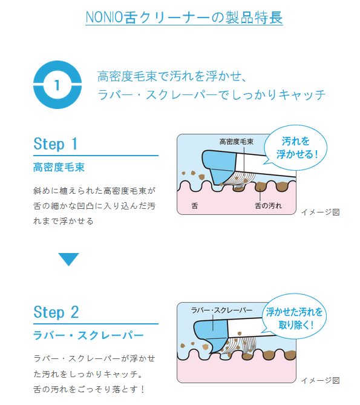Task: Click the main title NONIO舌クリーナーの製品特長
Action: [x=184, y=18]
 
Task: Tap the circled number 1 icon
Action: [x=57, y=85]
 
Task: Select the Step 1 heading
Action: [x=56, y=144]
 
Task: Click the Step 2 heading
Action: [x=56, y=312]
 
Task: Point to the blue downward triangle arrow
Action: [x=68, y=259]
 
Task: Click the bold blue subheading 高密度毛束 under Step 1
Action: [x=59, y=167]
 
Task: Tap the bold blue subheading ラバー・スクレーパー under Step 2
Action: [x=88, y=335]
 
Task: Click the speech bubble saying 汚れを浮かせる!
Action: [x=296, y=148]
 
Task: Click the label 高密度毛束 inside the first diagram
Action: [x=237, y=142]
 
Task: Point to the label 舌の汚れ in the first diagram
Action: [x=269, y=206]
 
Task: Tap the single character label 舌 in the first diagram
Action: [x=195, y=206]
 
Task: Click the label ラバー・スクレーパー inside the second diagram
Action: [x=221, y=310]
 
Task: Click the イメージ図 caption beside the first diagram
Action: [x=320, y=212]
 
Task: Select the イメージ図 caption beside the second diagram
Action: [x=320, y=380]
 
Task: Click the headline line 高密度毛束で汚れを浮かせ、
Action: [x=172, y=76]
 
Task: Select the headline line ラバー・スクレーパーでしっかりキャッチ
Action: [x=211, y=95]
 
